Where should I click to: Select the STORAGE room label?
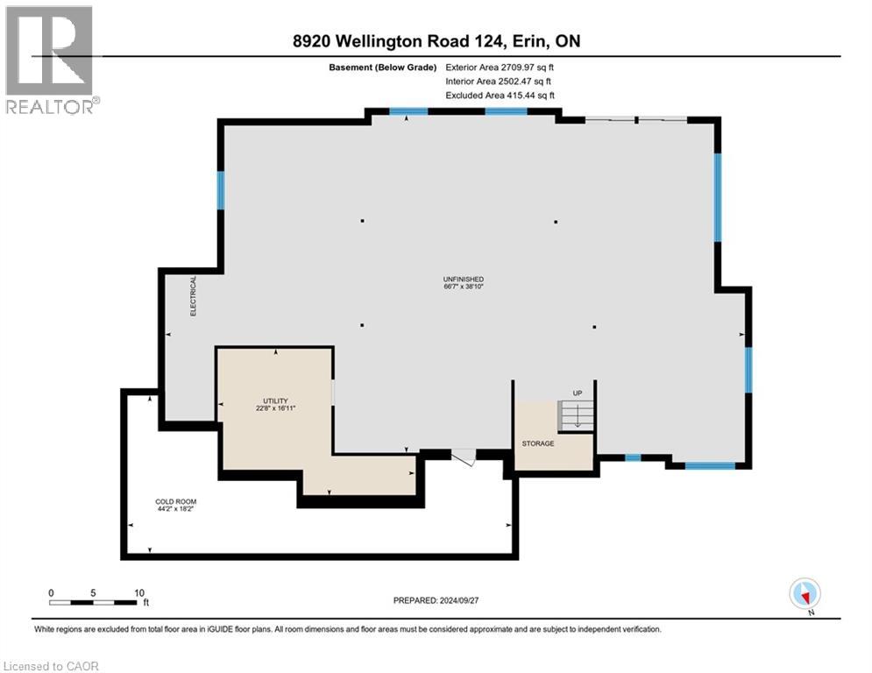point(538,443)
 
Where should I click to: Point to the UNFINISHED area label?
point(464,279)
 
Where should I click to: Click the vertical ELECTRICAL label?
point(194,295)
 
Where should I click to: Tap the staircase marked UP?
point(577,414)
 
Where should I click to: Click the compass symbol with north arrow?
point(804,593)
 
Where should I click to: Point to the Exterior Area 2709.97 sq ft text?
point(500,67)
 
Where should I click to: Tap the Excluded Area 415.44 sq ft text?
point(500,96)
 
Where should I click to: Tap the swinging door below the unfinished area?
point(463,456)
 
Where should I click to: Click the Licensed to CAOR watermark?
point(50,666)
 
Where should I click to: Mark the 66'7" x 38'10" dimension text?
point(464,287)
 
